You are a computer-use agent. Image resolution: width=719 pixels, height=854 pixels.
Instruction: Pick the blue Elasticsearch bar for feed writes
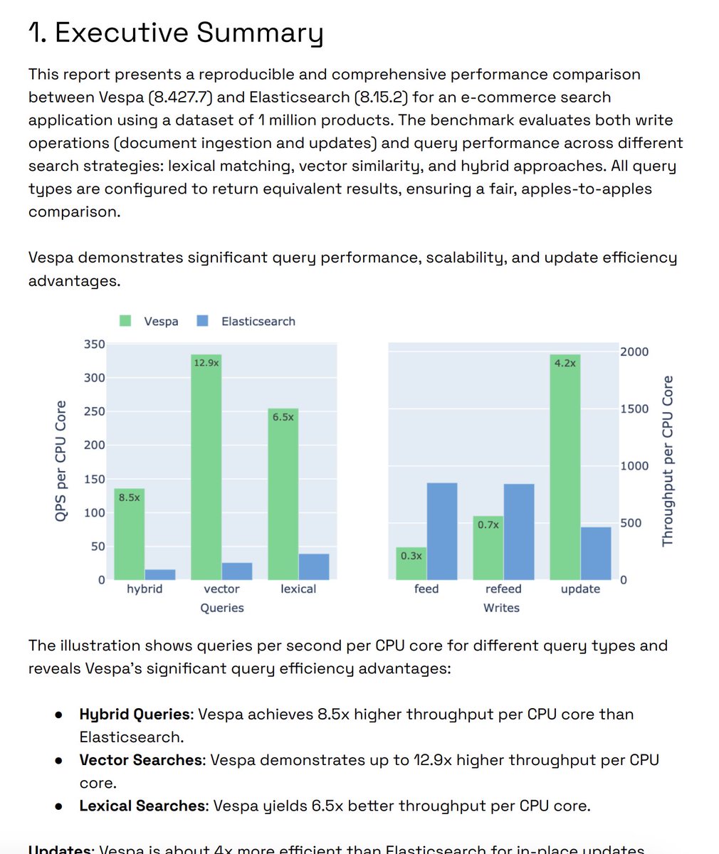(442, 531)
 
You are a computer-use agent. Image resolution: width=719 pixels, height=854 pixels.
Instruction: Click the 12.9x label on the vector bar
(206, 362)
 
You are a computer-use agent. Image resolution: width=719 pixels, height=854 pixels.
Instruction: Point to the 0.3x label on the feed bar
(411, 555)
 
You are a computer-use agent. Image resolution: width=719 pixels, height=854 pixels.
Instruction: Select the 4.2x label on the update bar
(565, 362)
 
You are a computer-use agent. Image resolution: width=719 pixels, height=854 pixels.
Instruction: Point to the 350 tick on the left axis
(95, 344)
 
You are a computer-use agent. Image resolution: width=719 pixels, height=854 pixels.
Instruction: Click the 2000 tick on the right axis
(634, 352)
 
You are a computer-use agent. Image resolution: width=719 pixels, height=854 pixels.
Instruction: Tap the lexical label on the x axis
(298, 589)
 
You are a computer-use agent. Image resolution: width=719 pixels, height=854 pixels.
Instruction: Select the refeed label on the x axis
(503, 589)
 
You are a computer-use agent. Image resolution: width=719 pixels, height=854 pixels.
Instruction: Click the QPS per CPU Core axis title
(61, 462)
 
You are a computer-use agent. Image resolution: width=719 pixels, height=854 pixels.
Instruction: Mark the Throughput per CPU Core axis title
(667, 461)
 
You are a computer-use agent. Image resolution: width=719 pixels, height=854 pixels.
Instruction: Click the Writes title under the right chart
(501, 608)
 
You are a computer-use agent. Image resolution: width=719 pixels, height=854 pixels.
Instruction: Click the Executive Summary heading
(175, 33)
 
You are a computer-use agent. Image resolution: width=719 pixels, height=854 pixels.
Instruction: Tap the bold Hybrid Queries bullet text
(135, 714)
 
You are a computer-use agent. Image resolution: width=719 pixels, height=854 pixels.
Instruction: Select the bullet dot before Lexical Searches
(59, 806)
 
